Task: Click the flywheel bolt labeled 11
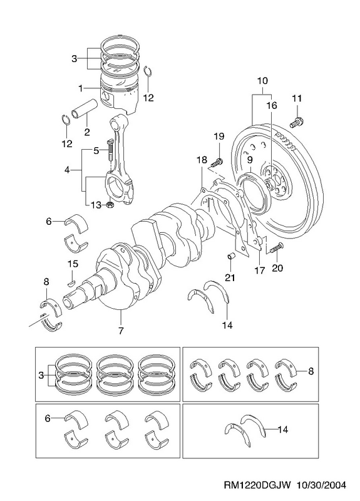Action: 297,122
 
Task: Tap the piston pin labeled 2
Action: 84,109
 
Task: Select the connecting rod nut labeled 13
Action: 110,205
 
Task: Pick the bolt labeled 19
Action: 217,162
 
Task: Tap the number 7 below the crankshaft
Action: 121,331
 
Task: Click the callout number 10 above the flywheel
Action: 262,81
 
